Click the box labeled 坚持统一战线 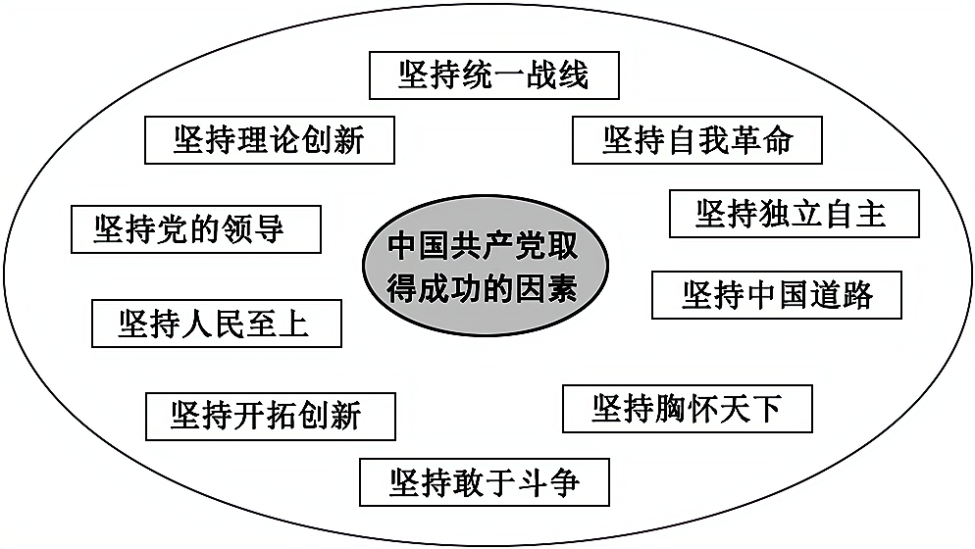pyautogui.click(x=493, y=75)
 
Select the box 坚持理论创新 pyautogui.click(x=269, y=139)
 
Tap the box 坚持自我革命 pyautogui.click(x=696, y=139)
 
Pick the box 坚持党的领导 pyautogui.click(x=196, y=229)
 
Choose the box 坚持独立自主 pyautogui.click(x=794, y=214)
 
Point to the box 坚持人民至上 pyautogui.click(x=216, y=324)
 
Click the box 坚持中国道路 pyautogui.click(x=776, y=295)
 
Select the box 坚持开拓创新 pyautogui.click(x=270, y=416)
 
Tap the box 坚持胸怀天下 pyautogui.click(x=687, y=409)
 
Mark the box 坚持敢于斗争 pyautogui.click(x=485, y=481)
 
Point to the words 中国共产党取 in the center pyautogui.click(x=484, y=245)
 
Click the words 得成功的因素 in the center pyautogui.click(x=484, y=289)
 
